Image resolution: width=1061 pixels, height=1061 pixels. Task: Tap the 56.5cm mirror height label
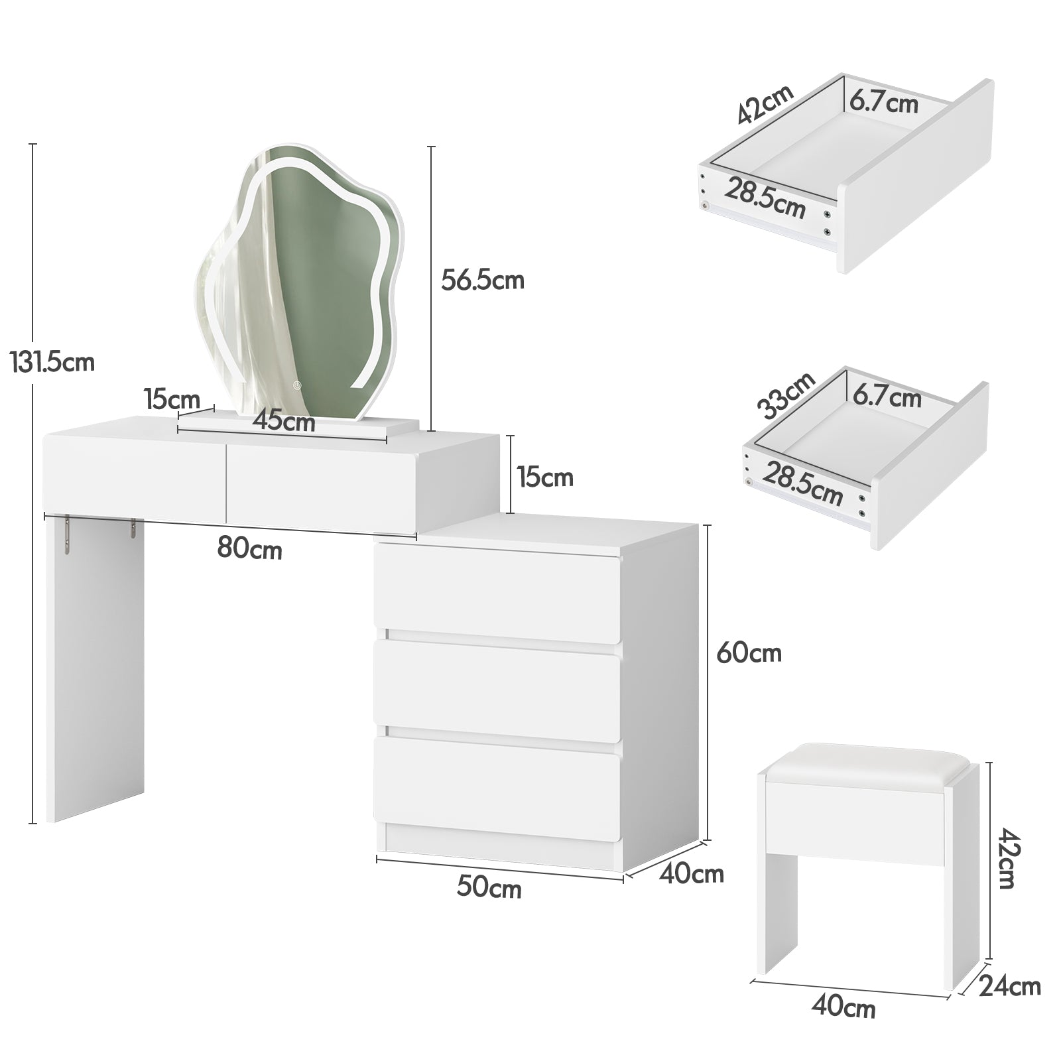483,280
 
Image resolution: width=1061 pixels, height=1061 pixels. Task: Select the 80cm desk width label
250,550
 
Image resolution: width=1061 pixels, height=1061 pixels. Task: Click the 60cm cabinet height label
749,653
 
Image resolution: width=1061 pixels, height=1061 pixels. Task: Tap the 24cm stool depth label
1010,986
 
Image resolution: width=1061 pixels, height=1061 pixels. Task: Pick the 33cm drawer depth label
787,395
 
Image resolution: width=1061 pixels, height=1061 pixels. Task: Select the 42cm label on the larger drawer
765,105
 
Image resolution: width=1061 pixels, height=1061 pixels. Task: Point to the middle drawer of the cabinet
497,690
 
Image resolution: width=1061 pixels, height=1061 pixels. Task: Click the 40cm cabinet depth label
692,874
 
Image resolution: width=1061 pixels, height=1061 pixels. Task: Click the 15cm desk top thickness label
545,477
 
